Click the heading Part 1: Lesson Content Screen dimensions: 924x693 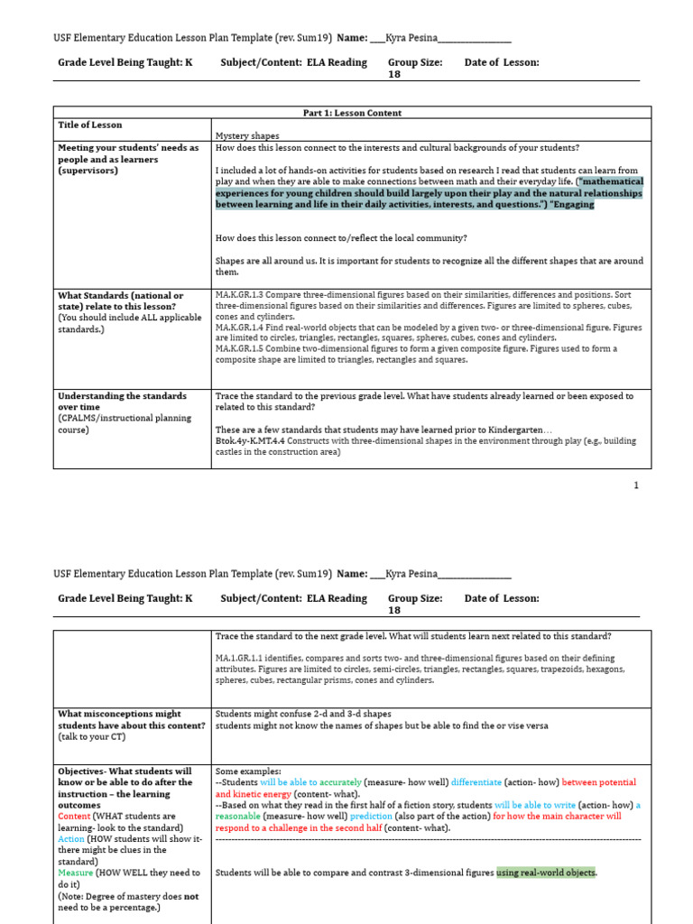(x=352, y=113)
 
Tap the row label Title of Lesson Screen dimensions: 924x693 (x=90, y=125)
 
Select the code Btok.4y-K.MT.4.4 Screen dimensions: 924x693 (x=252, y=441)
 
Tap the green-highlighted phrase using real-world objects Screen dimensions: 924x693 (x=546, y=873)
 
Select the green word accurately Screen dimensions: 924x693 (x=337, y=782)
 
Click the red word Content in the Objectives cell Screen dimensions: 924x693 (x=74, y=817)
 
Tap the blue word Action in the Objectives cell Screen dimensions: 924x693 (x=71, y=838)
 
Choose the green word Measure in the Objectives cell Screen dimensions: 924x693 (x=76, y=873)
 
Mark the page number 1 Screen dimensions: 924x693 (x=636, y=485)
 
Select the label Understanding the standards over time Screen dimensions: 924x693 (x=122, y=401)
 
